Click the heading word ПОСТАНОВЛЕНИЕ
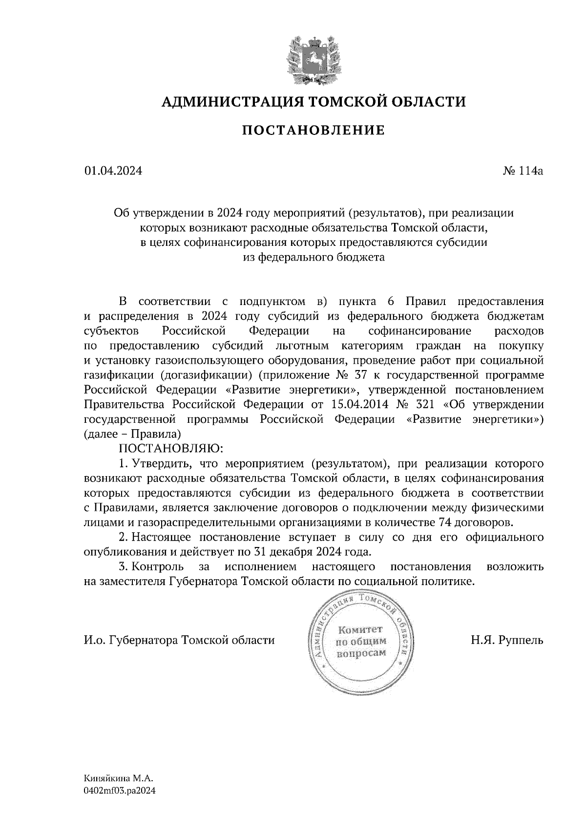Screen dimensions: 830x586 pos(314,131)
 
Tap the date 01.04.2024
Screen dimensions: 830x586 pos(113,171)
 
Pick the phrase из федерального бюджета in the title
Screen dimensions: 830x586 pos(314,257)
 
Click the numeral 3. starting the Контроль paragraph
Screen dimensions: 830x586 pos(123,567)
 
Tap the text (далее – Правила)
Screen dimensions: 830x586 pos(134,434)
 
